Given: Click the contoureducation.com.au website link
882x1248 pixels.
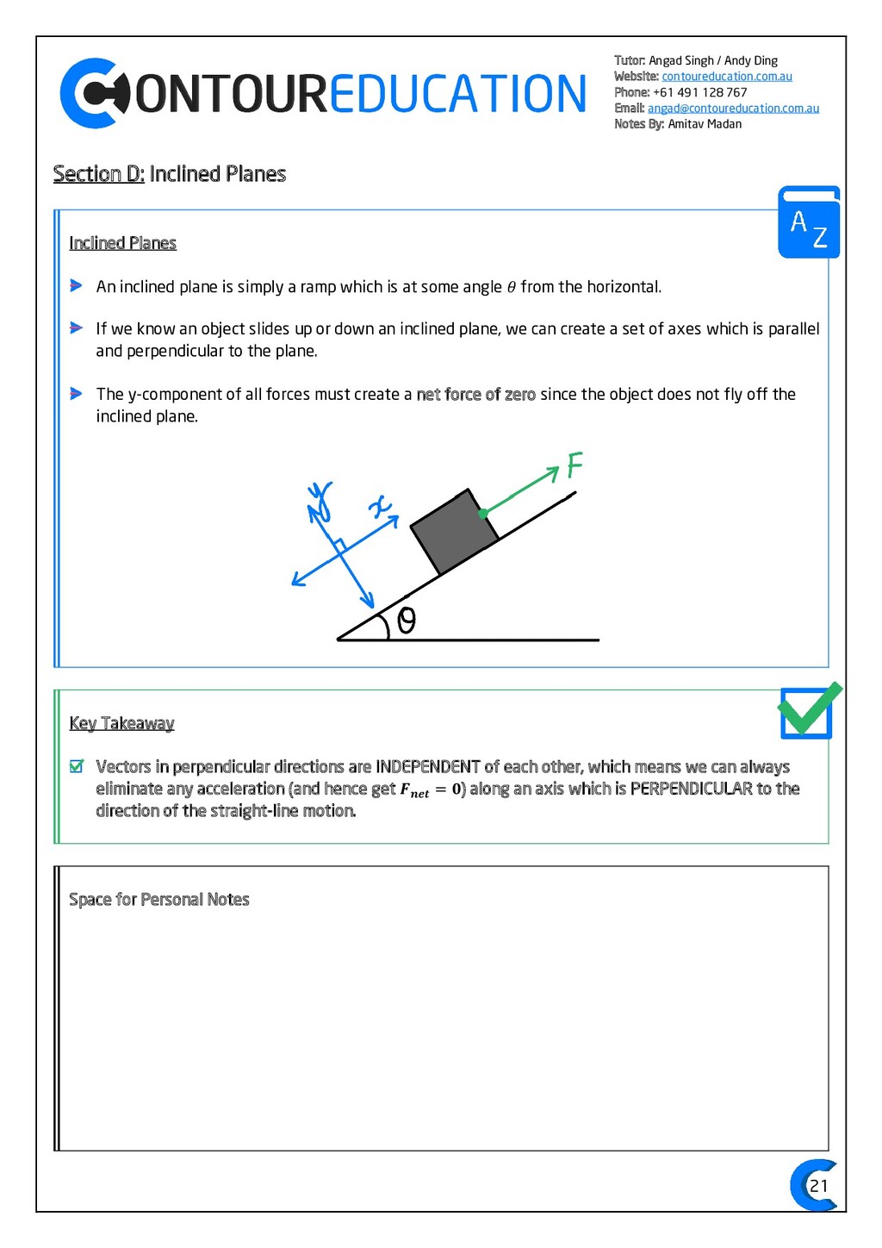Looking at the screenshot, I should click(x=726, y=77).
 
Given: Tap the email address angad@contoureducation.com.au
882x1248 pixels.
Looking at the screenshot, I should click(x=733, y=109).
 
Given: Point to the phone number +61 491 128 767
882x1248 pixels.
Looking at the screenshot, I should click(x=699, y=92).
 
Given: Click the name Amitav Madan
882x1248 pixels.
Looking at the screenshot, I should click(x=705, y=124).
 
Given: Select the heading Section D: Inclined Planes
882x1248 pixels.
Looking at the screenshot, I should click(x=170, y=174).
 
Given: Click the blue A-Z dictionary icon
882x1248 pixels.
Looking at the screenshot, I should click(x=809, y=222).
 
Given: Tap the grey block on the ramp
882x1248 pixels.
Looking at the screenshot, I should click(x=454, y=532).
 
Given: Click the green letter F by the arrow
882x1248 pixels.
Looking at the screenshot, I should click(x=575, y=465).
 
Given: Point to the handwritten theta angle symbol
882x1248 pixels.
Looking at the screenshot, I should click(x=406, y=621).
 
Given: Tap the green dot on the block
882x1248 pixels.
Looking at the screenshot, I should click(x=483, y=514).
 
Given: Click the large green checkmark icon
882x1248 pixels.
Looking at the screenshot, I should click(x=809, y=710).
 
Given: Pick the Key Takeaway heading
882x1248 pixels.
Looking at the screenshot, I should click(x=121, y=723).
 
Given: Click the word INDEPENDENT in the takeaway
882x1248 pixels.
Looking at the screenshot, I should click(x=428, y=767).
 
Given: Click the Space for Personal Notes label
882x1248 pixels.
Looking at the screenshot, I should click(x=159, y=900).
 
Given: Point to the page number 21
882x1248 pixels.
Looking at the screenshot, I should click(x=818, y=1186).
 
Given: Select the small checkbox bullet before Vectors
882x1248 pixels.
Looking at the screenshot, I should click(x=77, y=766).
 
